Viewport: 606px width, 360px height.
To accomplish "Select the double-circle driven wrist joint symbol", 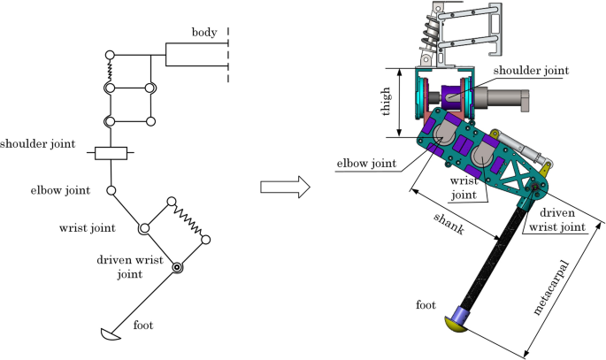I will [x=177, y=267].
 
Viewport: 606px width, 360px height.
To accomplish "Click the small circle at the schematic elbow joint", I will [x=112, y=190].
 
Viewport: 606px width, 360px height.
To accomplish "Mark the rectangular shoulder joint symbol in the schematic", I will [x=112, y=154].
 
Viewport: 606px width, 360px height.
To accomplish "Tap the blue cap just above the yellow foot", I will [x=463, y=312].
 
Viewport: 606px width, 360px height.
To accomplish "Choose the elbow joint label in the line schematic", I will [x=59, y=190].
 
